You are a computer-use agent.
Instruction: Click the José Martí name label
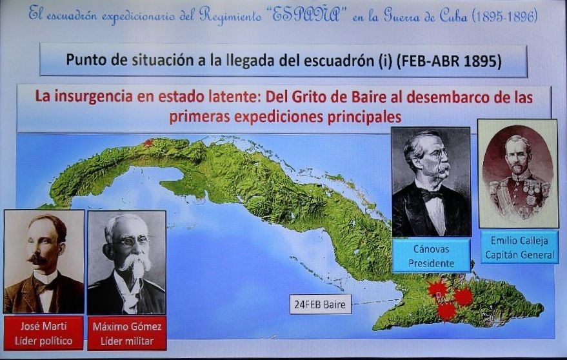click(43, 334)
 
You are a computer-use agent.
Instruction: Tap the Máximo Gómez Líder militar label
click(127, 334)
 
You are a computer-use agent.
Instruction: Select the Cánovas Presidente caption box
click(431, 255)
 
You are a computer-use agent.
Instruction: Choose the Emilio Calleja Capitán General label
click(520, 248)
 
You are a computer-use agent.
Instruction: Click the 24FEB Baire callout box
click(321, 305)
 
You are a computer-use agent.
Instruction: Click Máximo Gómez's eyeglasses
click(131, 241)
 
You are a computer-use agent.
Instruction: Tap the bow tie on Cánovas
click(432, 195)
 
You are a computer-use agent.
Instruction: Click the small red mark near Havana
click(148, 143)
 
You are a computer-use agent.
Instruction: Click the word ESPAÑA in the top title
click(306, 15)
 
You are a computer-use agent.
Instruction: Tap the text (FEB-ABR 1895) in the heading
click(449, 61)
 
